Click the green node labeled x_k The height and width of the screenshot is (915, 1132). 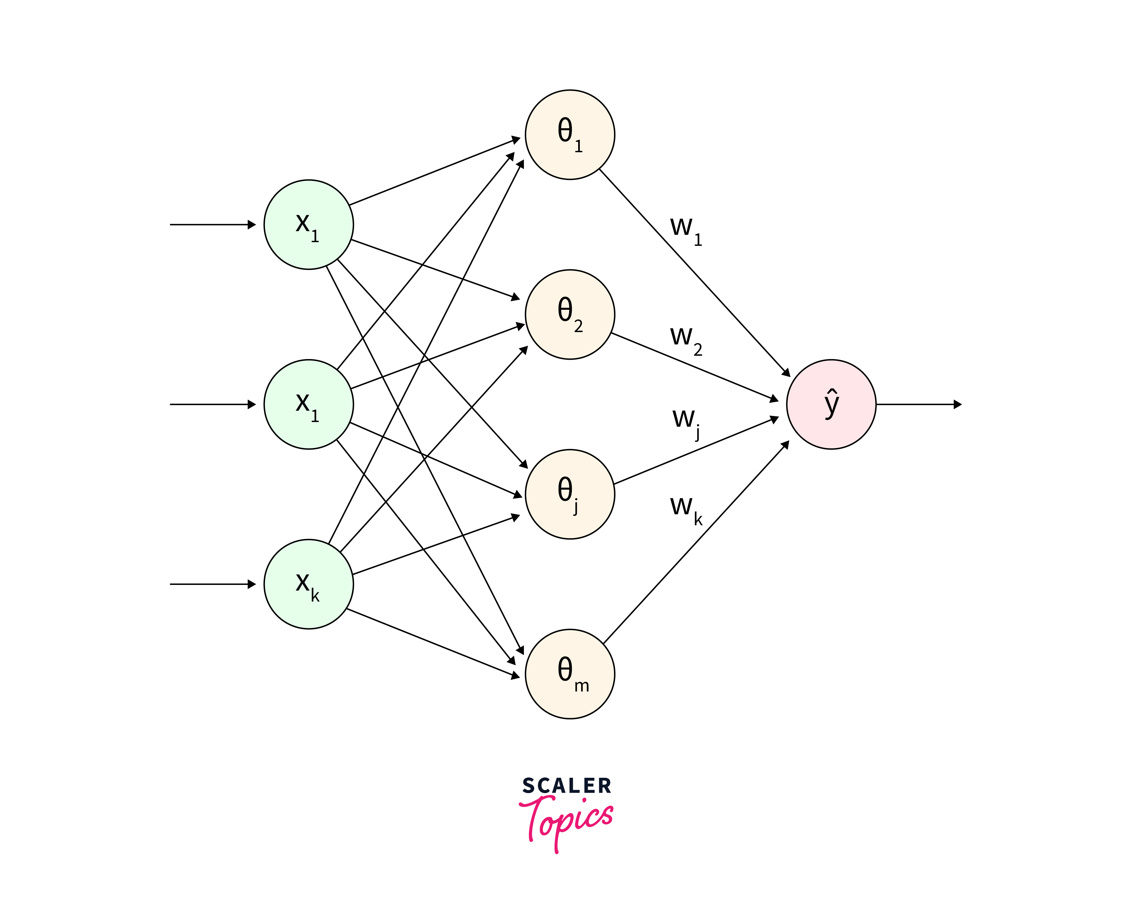pyautogui.click(x=308, y=584)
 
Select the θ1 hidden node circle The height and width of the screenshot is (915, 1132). pyautogui.click(x=569, y=135)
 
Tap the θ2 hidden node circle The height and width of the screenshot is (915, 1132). pyautogui.click(x=569, y=315)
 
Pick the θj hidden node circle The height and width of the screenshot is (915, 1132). pyautogui.click(x=569, y=494)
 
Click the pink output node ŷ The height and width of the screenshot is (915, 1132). pyautogui.click(x=831, y=404)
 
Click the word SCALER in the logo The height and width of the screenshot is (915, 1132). pyautogui.click(x=566, y=786)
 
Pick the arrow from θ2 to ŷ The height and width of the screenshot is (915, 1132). pyautogui.click(x=695, y=367)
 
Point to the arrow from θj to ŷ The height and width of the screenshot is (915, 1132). pyautogui.click(x=695, y=451)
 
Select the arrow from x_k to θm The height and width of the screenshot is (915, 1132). pyautogui.click(x=432, y=643)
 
